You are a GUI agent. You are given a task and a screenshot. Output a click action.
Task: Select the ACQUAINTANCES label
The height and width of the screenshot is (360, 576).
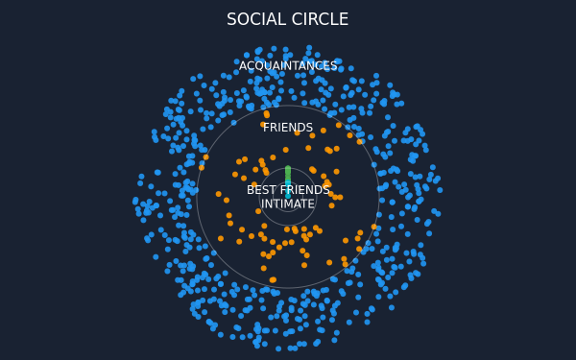tap(288, 66)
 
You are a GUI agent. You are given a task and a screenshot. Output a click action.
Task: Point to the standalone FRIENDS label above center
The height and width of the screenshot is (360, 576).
tap(288, 128)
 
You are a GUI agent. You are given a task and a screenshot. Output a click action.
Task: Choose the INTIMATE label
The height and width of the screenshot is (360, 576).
tap(288, 204)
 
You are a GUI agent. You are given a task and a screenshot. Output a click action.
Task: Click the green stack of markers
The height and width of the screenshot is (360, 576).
tap(288, 175)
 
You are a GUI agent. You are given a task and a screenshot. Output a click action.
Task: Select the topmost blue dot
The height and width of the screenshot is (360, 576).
tap(309, 48)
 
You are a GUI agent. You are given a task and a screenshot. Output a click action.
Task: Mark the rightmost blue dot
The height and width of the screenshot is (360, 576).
tap(440, 190)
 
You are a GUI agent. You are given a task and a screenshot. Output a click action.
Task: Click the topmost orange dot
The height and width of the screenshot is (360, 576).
tap(267, 114)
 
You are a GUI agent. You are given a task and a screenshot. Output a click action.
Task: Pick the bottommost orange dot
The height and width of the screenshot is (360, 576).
tap(273, 280)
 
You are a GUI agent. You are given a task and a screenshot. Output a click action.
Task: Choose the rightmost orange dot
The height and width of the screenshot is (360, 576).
tap(374, 227)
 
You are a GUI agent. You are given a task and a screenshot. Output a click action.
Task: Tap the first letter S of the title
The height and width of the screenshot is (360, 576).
tap(231, 19)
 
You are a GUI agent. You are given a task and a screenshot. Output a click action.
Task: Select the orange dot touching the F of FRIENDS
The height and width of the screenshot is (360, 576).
tap(263, 125)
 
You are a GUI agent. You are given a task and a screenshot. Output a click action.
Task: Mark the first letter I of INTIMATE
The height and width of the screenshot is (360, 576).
tap(263, 204)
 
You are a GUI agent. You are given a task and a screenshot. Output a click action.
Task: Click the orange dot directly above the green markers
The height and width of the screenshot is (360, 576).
tap(286, 150)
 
